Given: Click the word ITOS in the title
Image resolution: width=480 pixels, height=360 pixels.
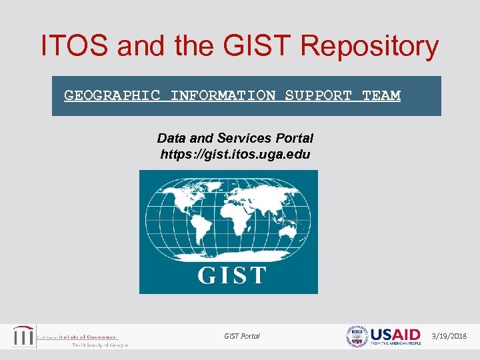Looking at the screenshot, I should pyautogui.click(x=74, y=46).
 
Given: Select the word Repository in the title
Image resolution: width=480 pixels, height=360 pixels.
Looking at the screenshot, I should pyautogui.click(x=369, y=47).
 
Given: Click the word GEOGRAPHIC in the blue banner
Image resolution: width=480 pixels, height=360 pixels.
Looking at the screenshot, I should pyautogui.click(x=112, y=95).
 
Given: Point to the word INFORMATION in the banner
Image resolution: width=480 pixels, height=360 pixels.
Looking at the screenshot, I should pyautogui.click(x=223, y=95).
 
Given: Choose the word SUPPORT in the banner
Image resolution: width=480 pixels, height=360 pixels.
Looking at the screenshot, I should pyautogui.click(x=318, y=95).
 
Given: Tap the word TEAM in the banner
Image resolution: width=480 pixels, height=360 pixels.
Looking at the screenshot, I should pyautogui.click(x=381, y=95).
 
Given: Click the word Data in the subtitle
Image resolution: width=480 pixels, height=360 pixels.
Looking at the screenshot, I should pyautogui.click(x=171, y=138).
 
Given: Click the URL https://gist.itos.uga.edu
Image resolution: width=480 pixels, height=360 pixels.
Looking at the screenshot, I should pyautogui.click(x=235, y=154).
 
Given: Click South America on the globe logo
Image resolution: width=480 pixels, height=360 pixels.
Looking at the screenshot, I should pyautogui.click(x=197, y=231).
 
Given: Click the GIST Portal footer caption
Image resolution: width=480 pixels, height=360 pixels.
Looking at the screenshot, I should pyautogui.click(x=242, y=336).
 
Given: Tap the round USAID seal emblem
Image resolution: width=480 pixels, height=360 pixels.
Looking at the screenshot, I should pyautogui.click(x=357, y=337).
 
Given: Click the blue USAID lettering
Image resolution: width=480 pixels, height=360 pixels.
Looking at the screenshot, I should pyautogui.click(x=396, y=334).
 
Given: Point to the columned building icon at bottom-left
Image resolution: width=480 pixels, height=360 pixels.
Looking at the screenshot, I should pyautogui.click(x=24, y=337).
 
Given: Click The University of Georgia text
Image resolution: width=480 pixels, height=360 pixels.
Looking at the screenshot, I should pyautogui.click(x=99, y=345).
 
